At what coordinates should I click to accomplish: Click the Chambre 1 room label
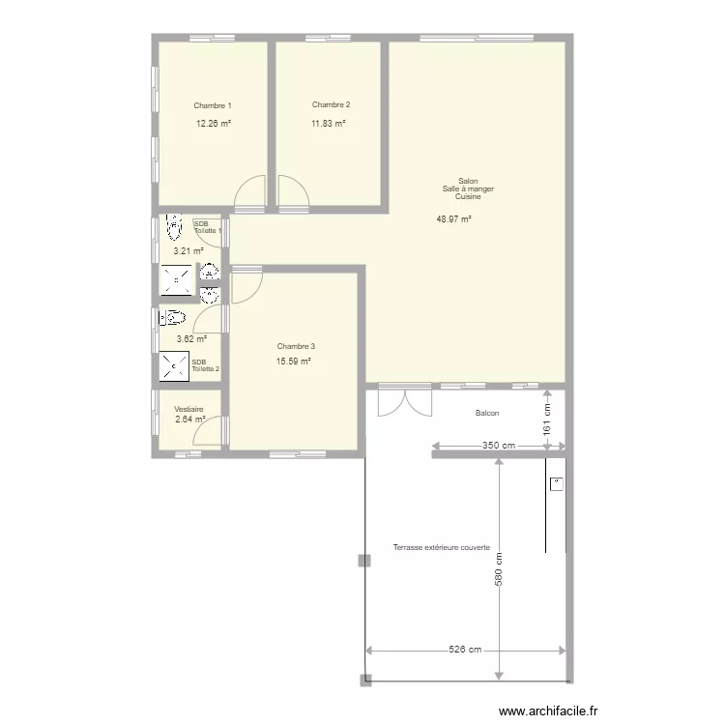[213, 106]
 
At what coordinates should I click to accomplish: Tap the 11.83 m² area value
[329, 124]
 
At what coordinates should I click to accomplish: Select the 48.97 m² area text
[453, 219]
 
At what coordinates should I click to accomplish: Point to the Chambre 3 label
[296, 346]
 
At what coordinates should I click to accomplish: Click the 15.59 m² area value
[293, 362]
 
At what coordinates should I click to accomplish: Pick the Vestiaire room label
[188, 409]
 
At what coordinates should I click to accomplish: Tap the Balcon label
[487, 413]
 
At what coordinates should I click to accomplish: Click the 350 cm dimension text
[499, 446]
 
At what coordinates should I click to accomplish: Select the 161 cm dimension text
[547, 420]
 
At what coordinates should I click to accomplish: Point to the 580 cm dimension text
[499, 569]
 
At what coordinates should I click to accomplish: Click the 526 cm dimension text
[465, 650]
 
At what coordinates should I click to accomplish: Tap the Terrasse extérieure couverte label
[442, 547]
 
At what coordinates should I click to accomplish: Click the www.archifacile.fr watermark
[548, 710]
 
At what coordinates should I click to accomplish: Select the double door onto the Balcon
[405, 403]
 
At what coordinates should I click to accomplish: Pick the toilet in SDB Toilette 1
[174, 226]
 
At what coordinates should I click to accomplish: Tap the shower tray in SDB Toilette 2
[174, 366]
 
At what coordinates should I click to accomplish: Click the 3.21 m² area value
[188, 251]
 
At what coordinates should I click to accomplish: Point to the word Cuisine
[468, 196]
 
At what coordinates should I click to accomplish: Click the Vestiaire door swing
[207, 430]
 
